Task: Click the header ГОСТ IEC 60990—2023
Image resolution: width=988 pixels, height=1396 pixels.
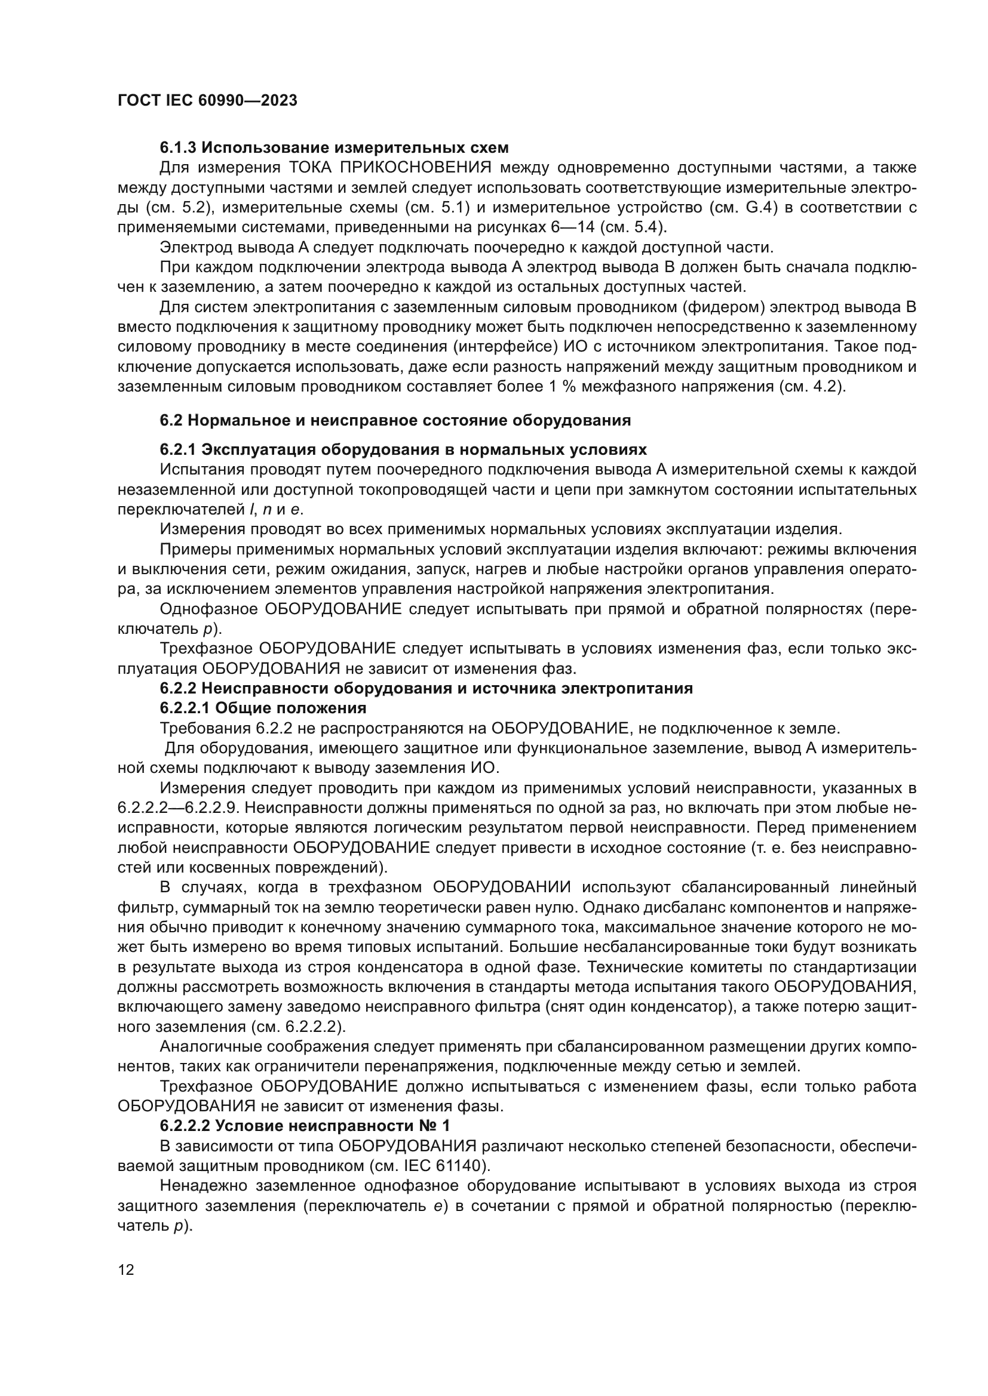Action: coord(207,100)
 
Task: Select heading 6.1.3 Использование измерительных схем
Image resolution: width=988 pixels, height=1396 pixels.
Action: coord(334,147)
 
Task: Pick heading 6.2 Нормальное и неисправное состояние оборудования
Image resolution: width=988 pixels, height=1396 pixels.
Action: coord(395,420)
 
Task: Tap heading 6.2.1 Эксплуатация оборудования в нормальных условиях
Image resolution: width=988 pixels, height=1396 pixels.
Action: coord(403,449)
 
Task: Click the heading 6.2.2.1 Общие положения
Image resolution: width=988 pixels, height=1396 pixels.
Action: coord(263,708)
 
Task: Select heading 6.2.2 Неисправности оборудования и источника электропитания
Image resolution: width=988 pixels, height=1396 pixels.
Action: coord(426,688)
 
